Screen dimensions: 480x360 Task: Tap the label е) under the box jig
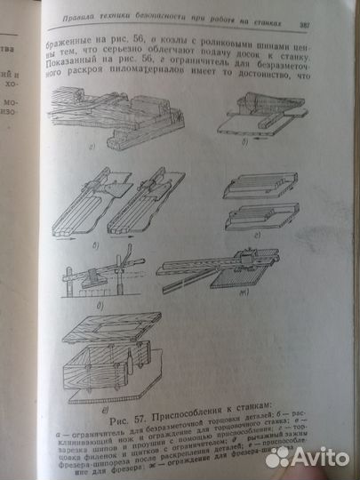(106, 386)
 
